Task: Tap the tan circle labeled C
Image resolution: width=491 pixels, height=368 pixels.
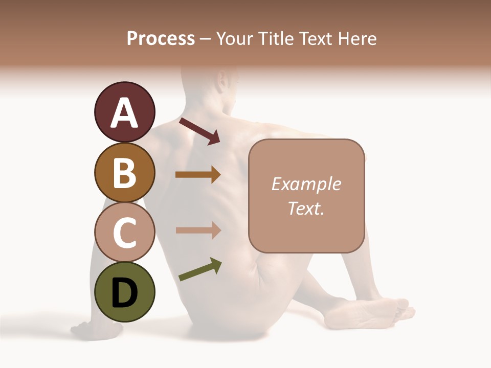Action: click(124, 232)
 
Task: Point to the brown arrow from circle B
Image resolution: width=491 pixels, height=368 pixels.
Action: click(198, 175)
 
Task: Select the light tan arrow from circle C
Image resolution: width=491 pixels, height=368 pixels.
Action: click(198, 231)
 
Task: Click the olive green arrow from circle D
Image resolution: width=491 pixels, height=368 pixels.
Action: click(200, 269)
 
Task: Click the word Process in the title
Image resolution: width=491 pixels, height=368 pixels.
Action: click(161, 38)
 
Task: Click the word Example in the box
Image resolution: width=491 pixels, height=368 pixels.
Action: click(306, 184)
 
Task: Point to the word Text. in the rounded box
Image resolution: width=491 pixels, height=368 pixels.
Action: click(306, 209)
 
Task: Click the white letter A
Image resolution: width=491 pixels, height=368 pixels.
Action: click(124, 113)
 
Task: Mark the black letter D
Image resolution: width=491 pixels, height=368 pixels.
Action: click(124, 293)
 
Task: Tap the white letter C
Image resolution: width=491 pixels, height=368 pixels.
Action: click(124, 233)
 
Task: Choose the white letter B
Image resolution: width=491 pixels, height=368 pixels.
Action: click(124, 173)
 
